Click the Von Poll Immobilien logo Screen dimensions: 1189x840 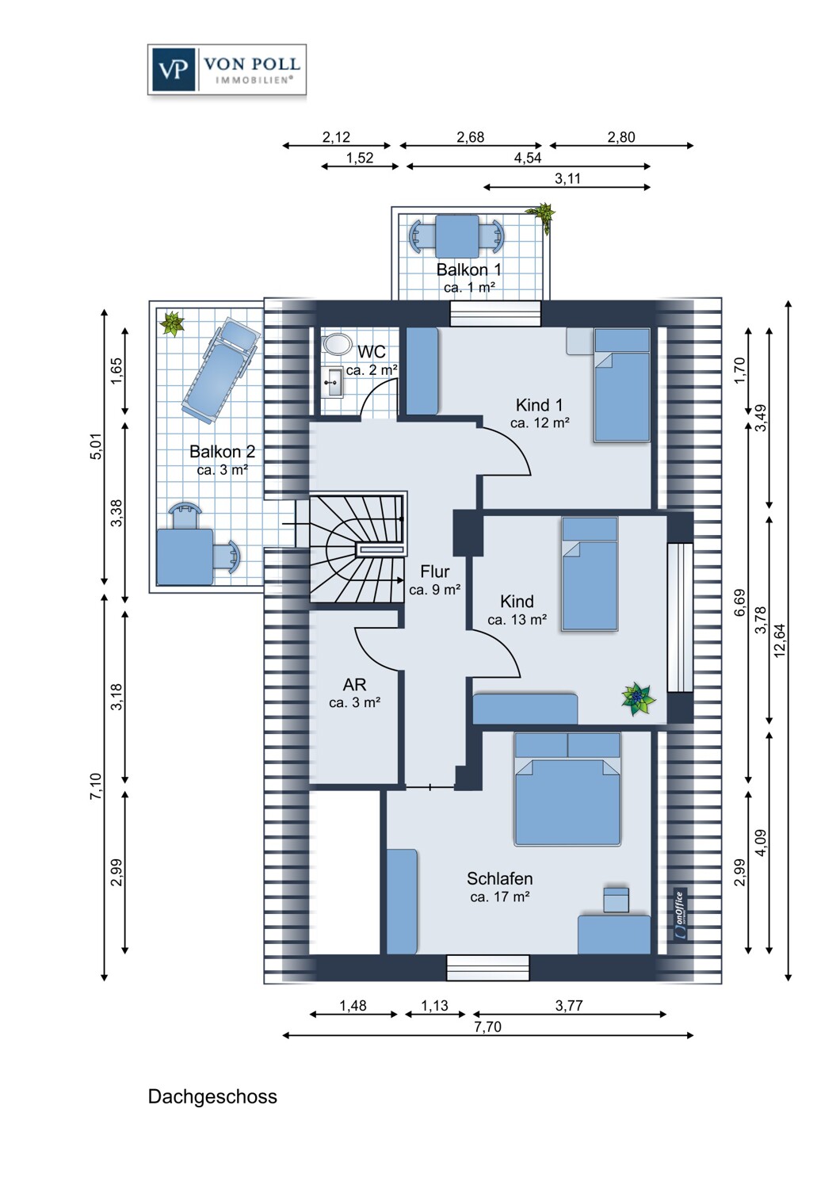click(227, 70)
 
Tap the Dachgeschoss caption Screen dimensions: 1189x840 click(212, 1096)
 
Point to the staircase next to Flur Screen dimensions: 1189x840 click(357, 549)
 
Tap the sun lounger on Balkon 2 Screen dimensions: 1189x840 click(220, 370)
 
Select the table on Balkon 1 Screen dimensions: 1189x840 click(456, 235)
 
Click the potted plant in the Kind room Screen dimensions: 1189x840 click(638, 698)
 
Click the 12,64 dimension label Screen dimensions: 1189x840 click(780, 640)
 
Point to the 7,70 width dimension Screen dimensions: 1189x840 click(487, 1027)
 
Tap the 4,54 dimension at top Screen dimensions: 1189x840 click(527, 158)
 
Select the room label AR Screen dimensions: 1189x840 click(354, 685)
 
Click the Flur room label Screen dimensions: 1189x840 click(434, 572)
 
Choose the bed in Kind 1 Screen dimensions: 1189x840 click(622, 385)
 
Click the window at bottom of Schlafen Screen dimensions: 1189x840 click(487, 968)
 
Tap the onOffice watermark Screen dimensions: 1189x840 click(679, 915)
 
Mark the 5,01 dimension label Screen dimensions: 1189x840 click(96, 446)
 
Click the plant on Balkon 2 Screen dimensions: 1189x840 click(172, 323)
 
